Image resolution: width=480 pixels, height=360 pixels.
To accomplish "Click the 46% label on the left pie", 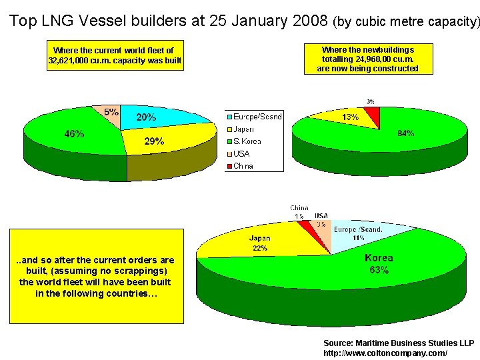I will coord(74,133).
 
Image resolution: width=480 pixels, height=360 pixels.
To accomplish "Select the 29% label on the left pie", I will coord(154,141).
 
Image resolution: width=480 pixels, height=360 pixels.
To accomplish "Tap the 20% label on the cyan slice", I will coord(147,117).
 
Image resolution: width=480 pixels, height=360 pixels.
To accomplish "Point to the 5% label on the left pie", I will coord(111,112).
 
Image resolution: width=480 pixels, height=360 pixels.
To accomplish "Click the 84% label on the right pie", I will coord(405,133).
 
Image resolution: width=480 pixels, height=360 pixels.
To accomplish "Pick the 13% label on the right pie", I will coord(350,117).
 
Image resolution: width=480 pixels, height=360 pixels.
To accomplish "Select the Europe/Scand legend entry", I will coord(256,117).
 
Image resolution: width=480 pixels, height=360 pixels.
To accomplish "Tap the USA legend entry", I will coord(241,153).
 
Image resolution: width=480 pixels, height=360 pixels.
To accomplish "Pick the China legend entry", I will coord(243,166).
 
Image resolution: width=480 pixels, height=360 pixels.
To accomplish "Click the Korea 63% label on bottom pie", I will coord(379,264).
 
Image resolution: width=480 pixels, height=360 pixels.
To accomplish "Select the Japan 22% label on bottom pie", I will coord(259,243).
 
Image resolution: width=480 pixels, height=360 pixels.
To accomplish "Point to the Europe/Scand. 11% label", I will coord(358,233).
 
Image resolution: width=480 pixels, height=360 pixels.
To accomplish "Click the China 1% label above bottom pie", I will coord(299,212).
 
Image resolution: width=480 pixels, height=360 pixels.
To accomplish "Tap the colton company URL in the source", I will coord(385,353).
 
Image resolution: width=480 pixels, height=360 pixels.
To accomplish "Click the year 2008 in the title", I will coord(309,21).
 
